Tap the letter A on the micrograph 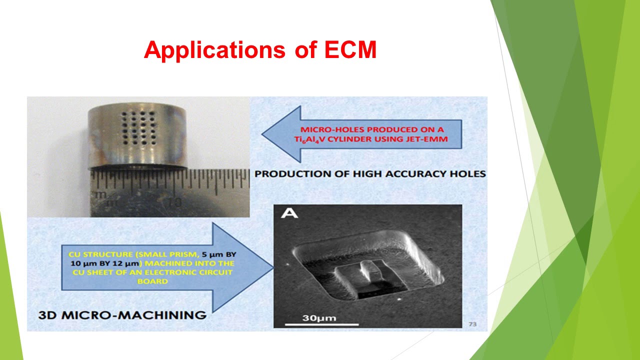pos(289,213)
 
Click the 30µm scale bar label pos(319,318)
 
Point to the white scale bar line pos(321,324)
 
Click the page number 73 pos(472,324)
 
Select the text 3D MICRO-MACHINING pos(122,315)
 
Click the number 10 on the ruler pos(175,202)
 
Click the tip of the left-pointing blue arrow pos(263,134)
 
